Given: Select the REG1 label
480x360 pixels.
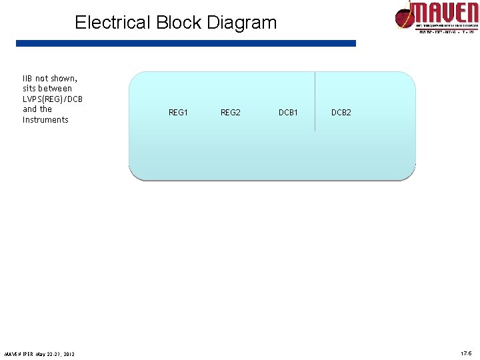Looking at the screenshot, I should [178, 113].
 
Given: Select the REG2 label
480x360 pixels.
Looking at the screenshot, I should [231, 113].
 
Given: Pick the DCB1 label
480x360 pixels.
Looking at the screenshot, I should [288, 113].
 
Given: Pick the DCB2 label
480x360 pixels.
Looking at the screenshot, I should [341, 113].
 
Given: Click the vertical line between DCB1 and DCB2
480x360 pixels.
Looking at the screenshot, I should [315, 100].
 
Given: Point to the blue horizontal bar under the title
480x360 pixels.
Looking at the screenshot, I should [186, 43].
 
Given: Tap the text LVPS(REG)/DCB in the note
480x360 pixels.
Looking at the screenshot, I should [53, 99].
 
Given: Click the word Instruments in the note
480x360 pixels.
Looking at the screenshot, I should [45, 120].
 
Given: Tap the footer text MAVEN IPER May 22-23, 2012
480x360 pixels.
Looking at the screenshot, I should [39, 353].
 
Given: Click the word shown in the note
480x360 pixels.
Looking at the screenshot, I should [64, 78].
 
